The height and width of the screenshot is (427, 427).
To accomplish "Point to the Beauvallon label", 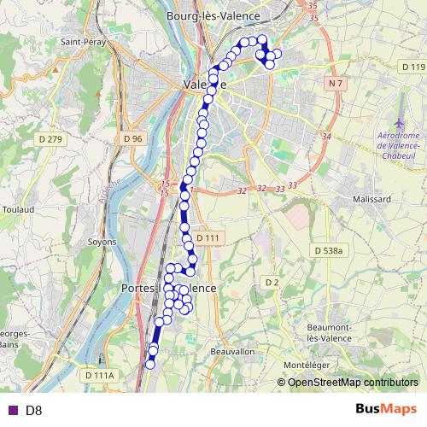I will point(232,351).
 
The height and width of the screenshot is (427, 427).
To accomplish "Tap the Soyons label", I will point(102,242).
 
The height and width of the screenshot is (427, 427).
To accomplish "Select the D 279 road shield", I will point(50,139).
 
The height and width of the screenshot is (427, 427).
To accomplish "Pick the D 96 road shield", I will point(132,138).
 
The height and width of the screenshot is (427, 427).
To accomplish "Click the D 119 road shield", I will point(412,67).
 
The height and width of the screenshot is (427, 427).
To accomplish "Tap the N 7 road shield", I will point(334,83).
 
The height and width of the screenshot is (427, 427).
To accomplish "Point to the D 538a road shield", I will point(327,250).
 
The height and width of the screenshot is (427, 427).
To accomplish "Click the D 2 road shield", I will point(272,282).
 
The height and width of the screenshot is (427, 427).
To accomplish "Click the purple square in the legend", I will point(12,410).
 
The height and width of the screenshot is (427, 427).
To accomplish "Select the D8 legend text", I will point(34,410).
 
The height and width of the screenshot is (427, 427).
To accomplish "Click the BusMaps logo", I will point(386,409).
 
